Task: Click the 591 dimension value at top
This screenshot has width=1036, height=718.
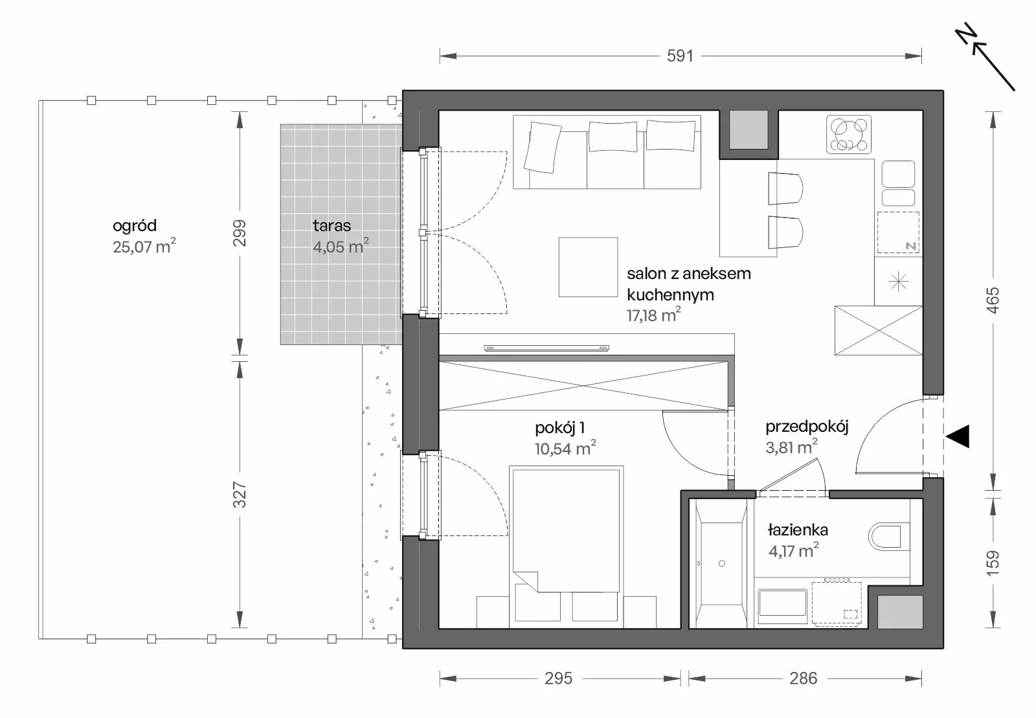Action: point(680,56)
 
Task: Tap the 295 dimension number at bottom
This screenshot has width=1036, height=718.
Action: point(558,679)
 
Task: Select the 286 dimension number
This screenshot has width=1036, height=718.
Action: point(804,679)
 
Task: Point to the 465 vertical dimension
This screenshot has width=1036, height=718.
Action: point(993,300)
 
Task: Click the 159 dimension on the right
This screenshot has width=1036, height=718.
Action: point(993,563)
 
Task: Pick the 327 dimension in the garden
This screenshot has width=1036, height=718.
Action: point(239,494)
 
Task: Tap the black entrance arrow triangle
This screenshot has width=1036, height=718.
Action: point(958,436)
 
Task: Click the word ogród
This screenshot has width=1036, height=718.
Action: point(135,225)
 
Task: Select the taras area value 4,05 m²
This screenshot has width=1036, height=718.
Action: point(341,246)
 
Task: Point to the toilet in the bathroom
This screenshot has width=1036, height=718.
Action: point(884,536)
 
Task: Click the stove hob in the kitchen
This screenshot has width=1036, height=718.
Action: point(849,134)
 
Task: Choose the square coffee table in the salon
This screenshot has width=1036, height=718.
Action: point(588,267)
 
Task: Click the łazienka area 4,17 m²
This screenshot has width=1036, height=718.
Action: point(794,550)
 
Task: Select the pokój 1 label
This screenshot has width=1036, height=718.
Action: point(560,428)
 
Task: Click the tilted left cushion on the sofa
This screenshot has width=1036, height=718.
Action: point(542,148)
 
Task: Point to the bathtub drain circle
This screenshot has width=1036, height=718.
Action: point(721,563)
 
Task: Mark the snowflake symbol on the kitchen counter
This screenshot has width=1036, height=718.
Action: point(898,281)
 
